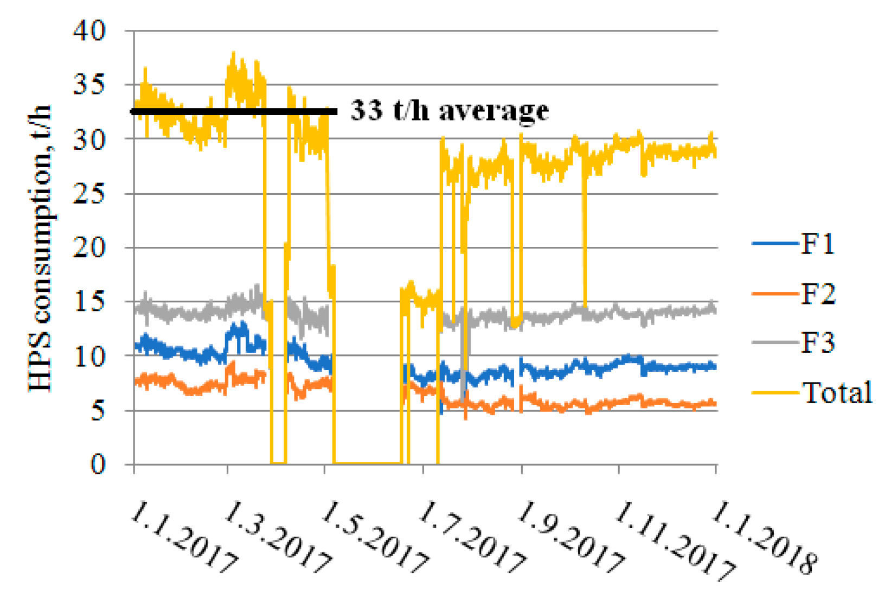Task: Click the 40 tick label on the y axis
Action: (x=89, y=31)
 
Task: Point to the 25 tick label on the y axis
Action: (x=89, y=194)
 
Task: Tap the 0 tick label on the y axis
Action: (x=98, y=465)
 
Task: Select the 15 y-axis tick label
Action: (x=89, y=302)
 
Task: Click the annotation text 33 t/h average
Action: (x=450, y=110)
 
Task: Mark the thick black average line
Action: (x=233, y=112)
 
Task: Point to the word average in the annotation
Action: (x=493, y=111)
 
